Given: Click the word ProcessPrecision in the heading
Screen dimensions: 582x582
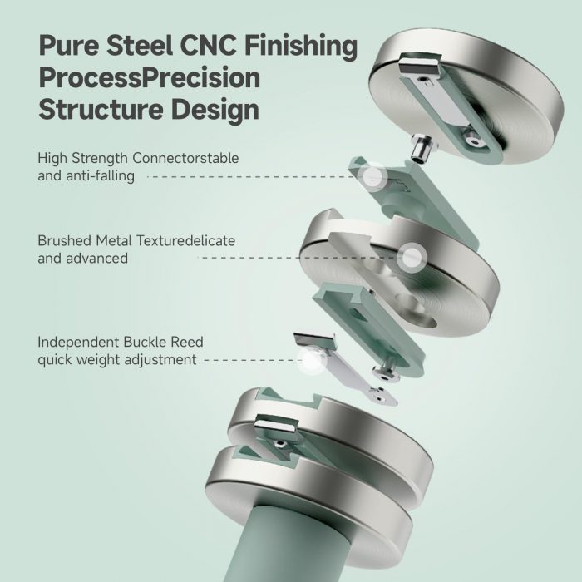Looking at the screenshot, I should (149, 78).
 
